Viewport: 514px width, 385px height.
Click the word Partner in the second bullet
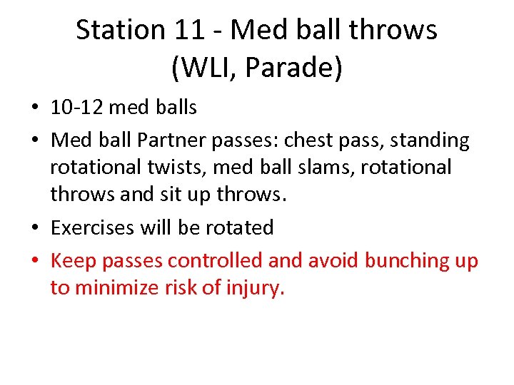(x=173, y=140)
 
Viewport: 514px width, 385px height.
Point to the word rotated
(x=238, y=228)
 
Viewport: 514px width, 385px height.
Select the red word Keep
(x=74, y=261)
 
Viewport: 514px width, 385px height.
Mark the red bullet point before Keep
(x=35, y=262)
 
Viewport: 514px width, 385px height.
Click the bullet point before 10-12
(x=35, y=108)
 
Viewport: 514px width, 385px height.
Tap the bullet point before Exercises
(x=35, y=229)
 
